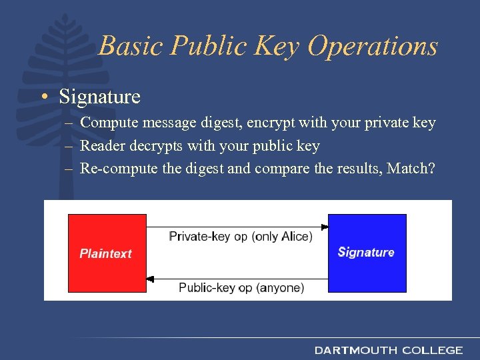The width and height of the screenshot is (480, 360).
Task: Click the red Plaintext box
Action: tap(107, 253)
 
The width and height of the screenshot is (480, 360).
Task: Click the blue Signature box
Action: tap(367, 253)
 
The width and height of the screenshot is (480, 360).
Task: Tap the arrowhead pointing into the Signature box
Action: tap(325, 227)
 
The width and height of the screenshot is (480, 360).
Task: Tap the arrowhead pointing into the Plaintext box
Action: tap(151, 278)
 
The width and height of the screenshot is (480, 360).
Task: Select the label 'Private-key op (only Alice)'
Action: tap(240, 237)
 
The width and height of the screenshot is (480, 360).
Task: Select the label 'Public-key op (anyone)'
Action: tap(241, 287)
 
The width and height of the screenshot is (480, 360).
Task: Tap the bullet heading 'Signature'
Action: tap(99, 97)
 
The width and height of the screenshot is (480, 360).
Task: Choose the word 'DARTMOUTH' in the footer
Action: tap(355, 350)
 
